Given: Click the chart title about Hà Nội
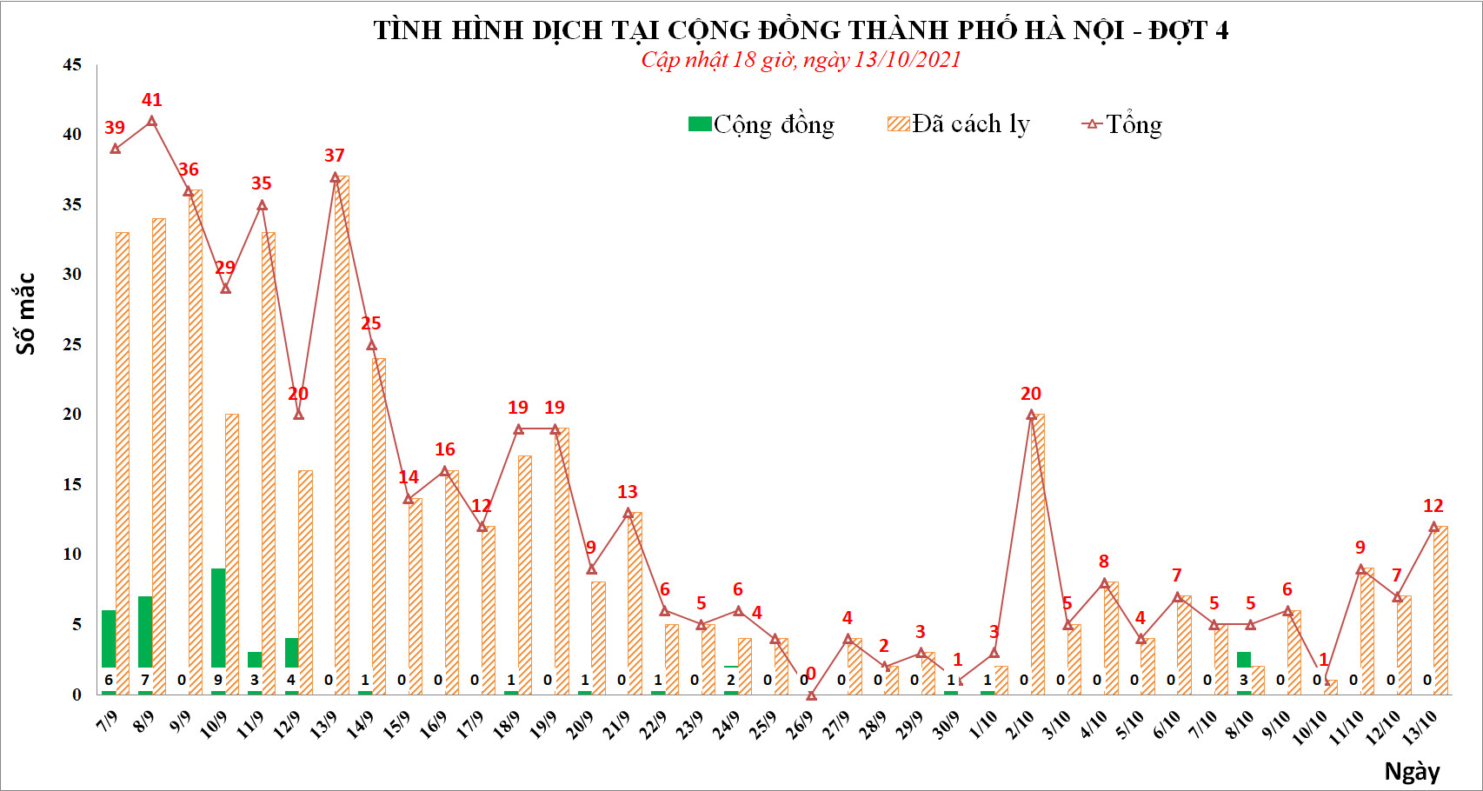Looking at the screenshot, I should (x=801, y=30).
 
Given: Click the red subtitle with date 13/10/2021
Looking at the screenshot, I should (x=801, y=60).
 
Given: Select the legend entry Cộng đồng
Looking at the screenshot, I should (x=761, y=124).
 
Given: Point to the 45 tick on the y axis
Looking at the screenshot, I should (x=72, y=65).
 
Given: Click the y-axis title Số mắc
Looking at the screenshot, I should (x=26, y=314).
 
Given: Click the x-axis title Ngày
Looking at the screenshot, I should (x=1412, y=771).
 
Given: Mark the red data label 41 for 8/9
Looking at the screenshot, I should (x=152, y=100).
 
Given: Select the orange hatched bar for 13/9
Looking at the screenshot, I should (x=342, y=435).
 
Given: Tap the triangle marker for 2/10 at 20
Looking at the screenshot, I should (x=1031, y=415).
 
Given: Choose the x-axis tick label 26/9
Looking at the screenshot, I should (x=801, y=724).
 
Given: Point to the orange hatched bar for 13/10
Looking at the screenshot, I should (x=1440, y=608).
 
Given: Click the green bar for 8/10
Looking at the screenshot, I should (x=1244, y=660).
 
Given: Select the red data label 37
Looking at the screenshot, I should (x=335, y=156).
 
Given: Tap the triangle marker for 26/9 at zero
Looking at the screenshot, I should (x=811, y=695).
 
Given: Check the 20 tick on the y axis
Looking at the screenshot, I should (x=72, y=415).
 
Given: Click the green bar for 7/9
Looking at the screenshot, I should (x=109, y=639).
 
